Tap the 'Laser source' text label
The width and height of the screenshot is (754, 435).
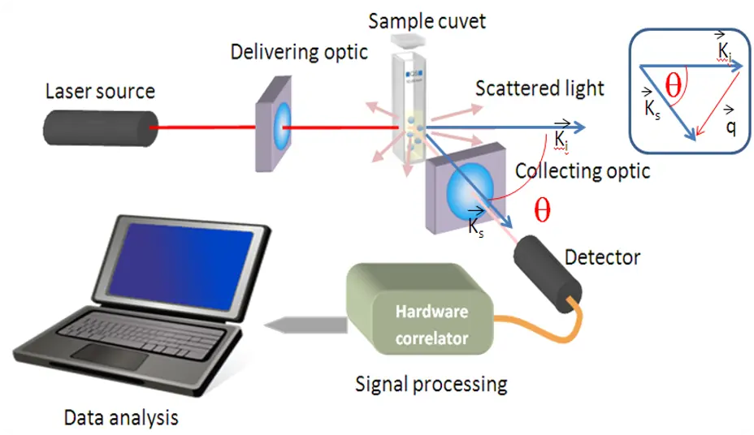100,91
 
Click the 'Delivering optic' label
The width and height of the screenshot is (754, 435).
299,53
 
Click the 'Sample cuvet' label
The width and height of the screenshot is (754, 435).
427,19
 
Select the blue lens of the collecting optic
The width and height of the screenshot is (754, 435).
467,192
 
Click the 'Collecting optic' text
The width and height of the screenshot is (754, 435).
583,171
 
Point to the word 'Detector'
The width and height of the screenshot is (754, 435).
602,257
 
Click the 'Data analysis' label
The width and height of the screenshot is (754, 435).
121,418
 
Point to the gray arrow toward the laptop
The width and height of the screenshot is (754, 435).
301,325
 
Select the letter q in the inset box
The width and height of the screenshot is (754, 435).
730,127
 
